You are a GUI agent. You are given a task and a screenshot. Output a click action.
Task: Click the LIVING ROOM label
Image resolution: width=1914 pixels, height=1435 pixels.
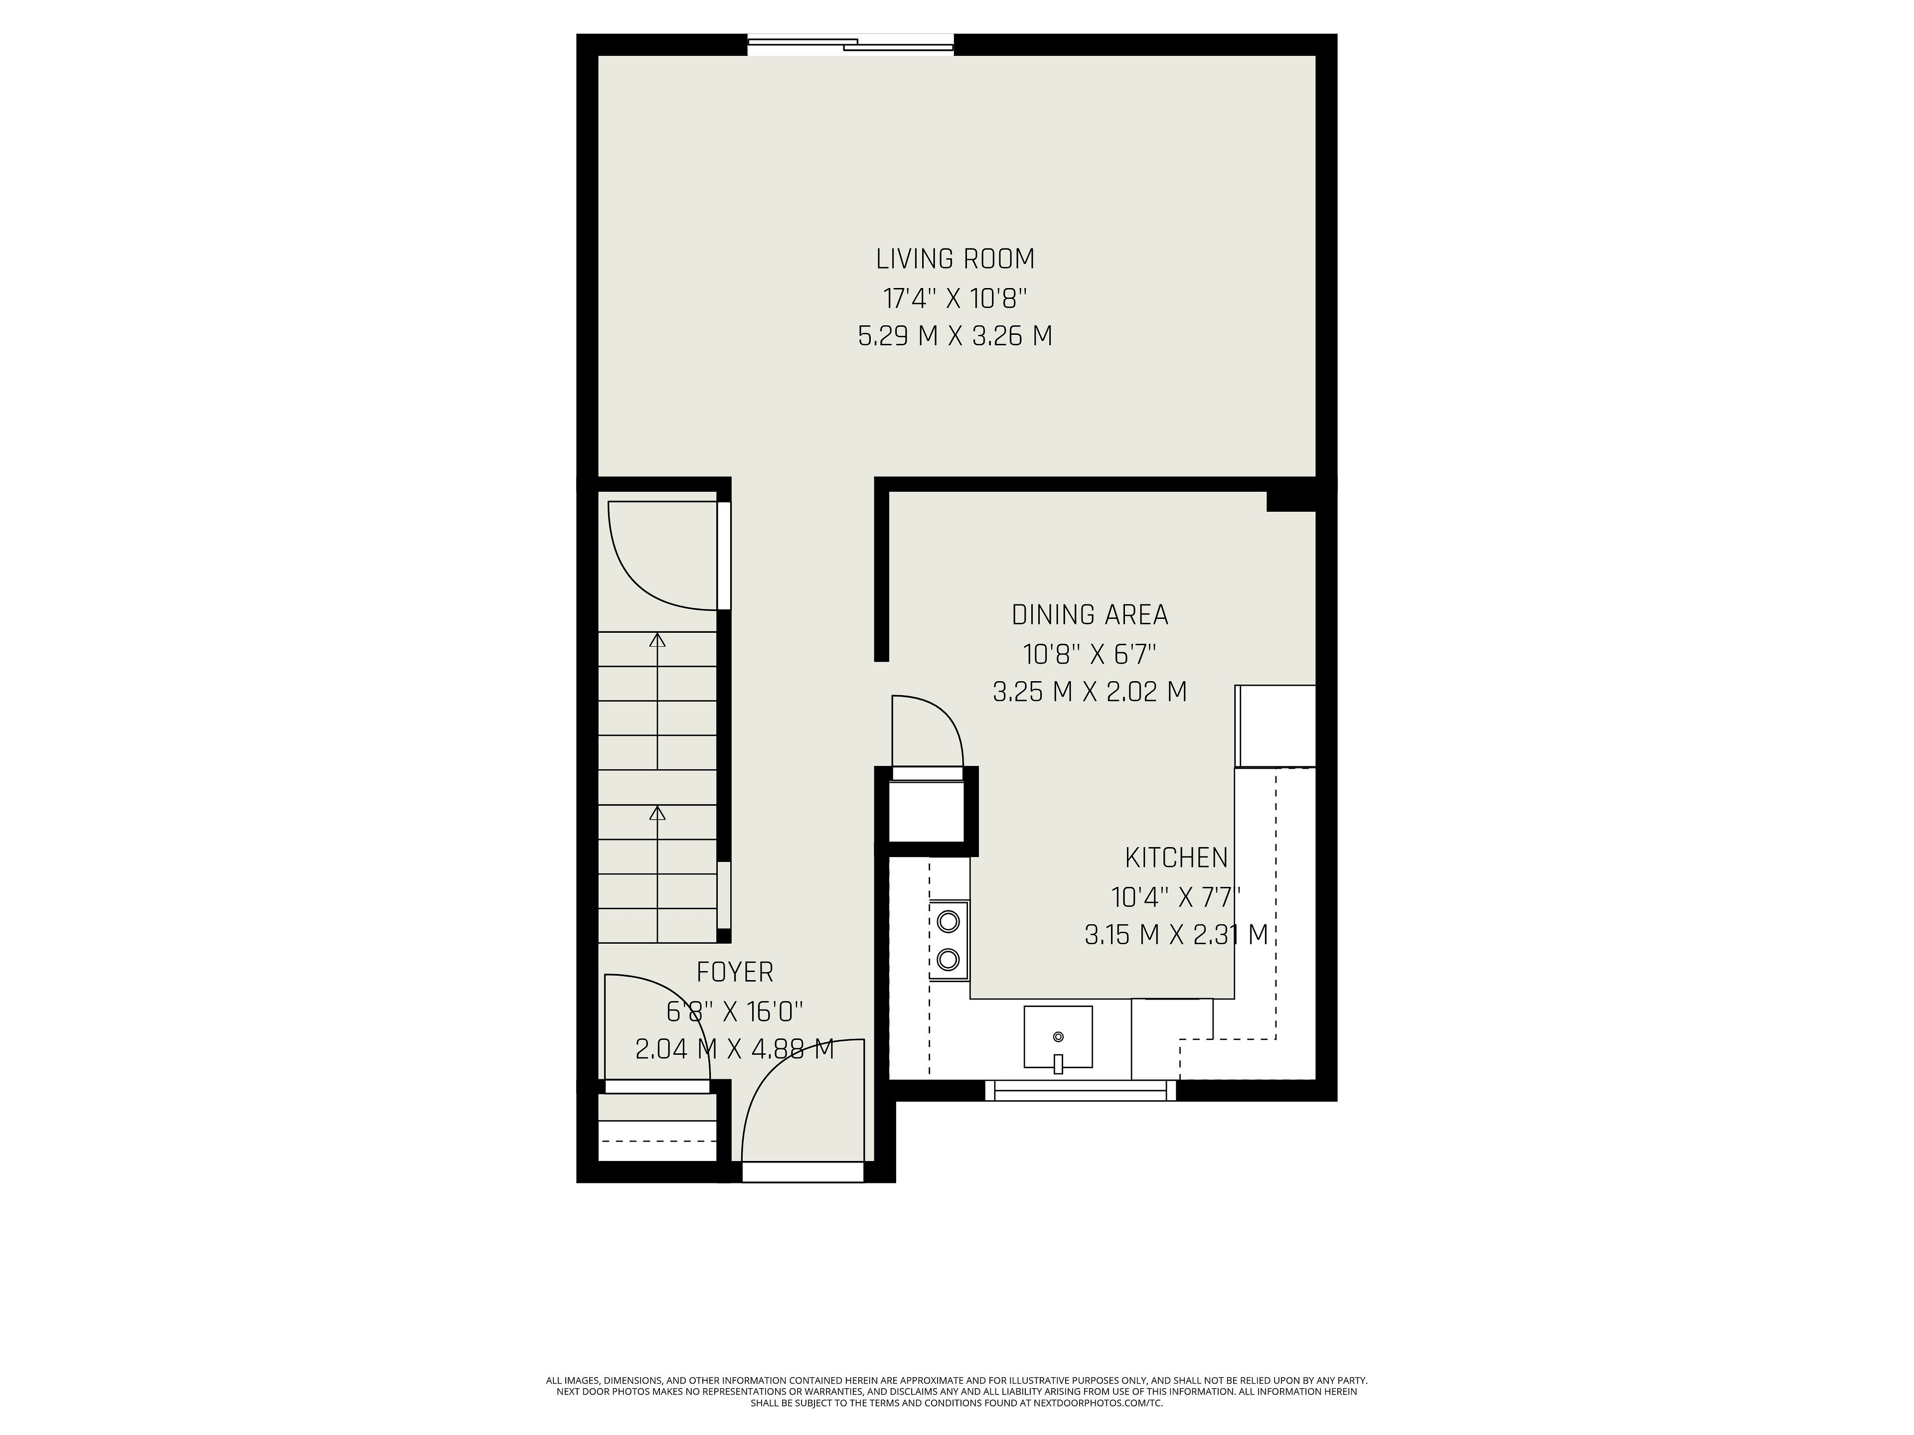click(x=956, y=259)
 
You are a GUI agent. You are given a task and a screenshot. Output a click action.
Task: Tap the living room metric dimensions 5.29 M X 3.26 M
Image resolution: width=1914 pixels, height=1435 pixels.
click(x=956, y=336)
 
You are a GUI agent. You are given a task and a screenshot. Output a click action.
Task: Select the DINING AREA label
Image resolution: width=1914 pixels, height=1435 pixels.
click(x=1090, y=615)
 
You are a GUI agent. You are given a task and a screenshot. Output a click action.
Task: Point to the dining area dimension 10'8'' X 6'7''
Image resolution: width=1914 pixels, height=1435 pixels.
click(x=1090, y=654)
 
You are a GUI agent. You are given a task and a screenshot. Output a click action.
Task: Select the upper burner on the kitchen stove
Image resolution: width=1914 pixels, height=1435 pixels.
click(x=949, y=921)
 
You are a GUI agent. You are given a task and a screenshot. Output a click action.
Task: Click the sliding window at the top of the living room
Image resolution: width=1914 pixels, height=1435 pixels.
click(x=850, y=44)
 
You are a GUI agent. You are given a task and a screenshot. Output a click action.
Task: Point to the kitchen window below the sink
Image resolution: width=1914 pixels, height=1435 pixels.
click(x=1081, y=1091)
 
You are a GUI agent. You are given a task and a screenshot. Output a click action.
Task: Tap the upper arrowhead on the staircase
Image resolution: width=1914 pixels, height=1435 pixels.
click(x=657, y=640)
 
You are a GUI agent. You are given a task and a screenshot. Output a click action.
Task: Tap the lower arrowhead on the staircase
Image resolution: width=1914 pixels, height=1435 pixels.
click(x=657, y=813)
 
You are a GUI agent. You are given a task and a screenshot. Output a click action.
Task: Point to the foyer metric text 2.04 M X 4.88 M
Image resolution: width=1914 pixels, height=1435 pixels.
click(x=735, y=1049)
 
